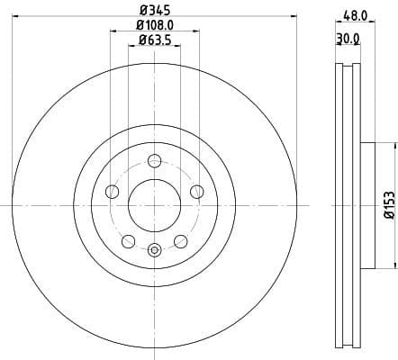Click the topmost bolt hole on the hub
point(154,161)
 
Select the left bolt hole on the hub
point(113,191)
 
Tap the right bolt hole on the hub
point(195,190)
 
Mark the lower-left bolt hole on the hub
point(128,240)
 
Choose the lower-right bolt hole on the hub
point(180,240)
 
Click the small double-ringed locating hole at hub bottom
point(154,250)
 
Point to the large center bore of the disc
point(154,205)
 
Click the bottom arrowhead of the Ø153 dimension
point(393,266)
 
